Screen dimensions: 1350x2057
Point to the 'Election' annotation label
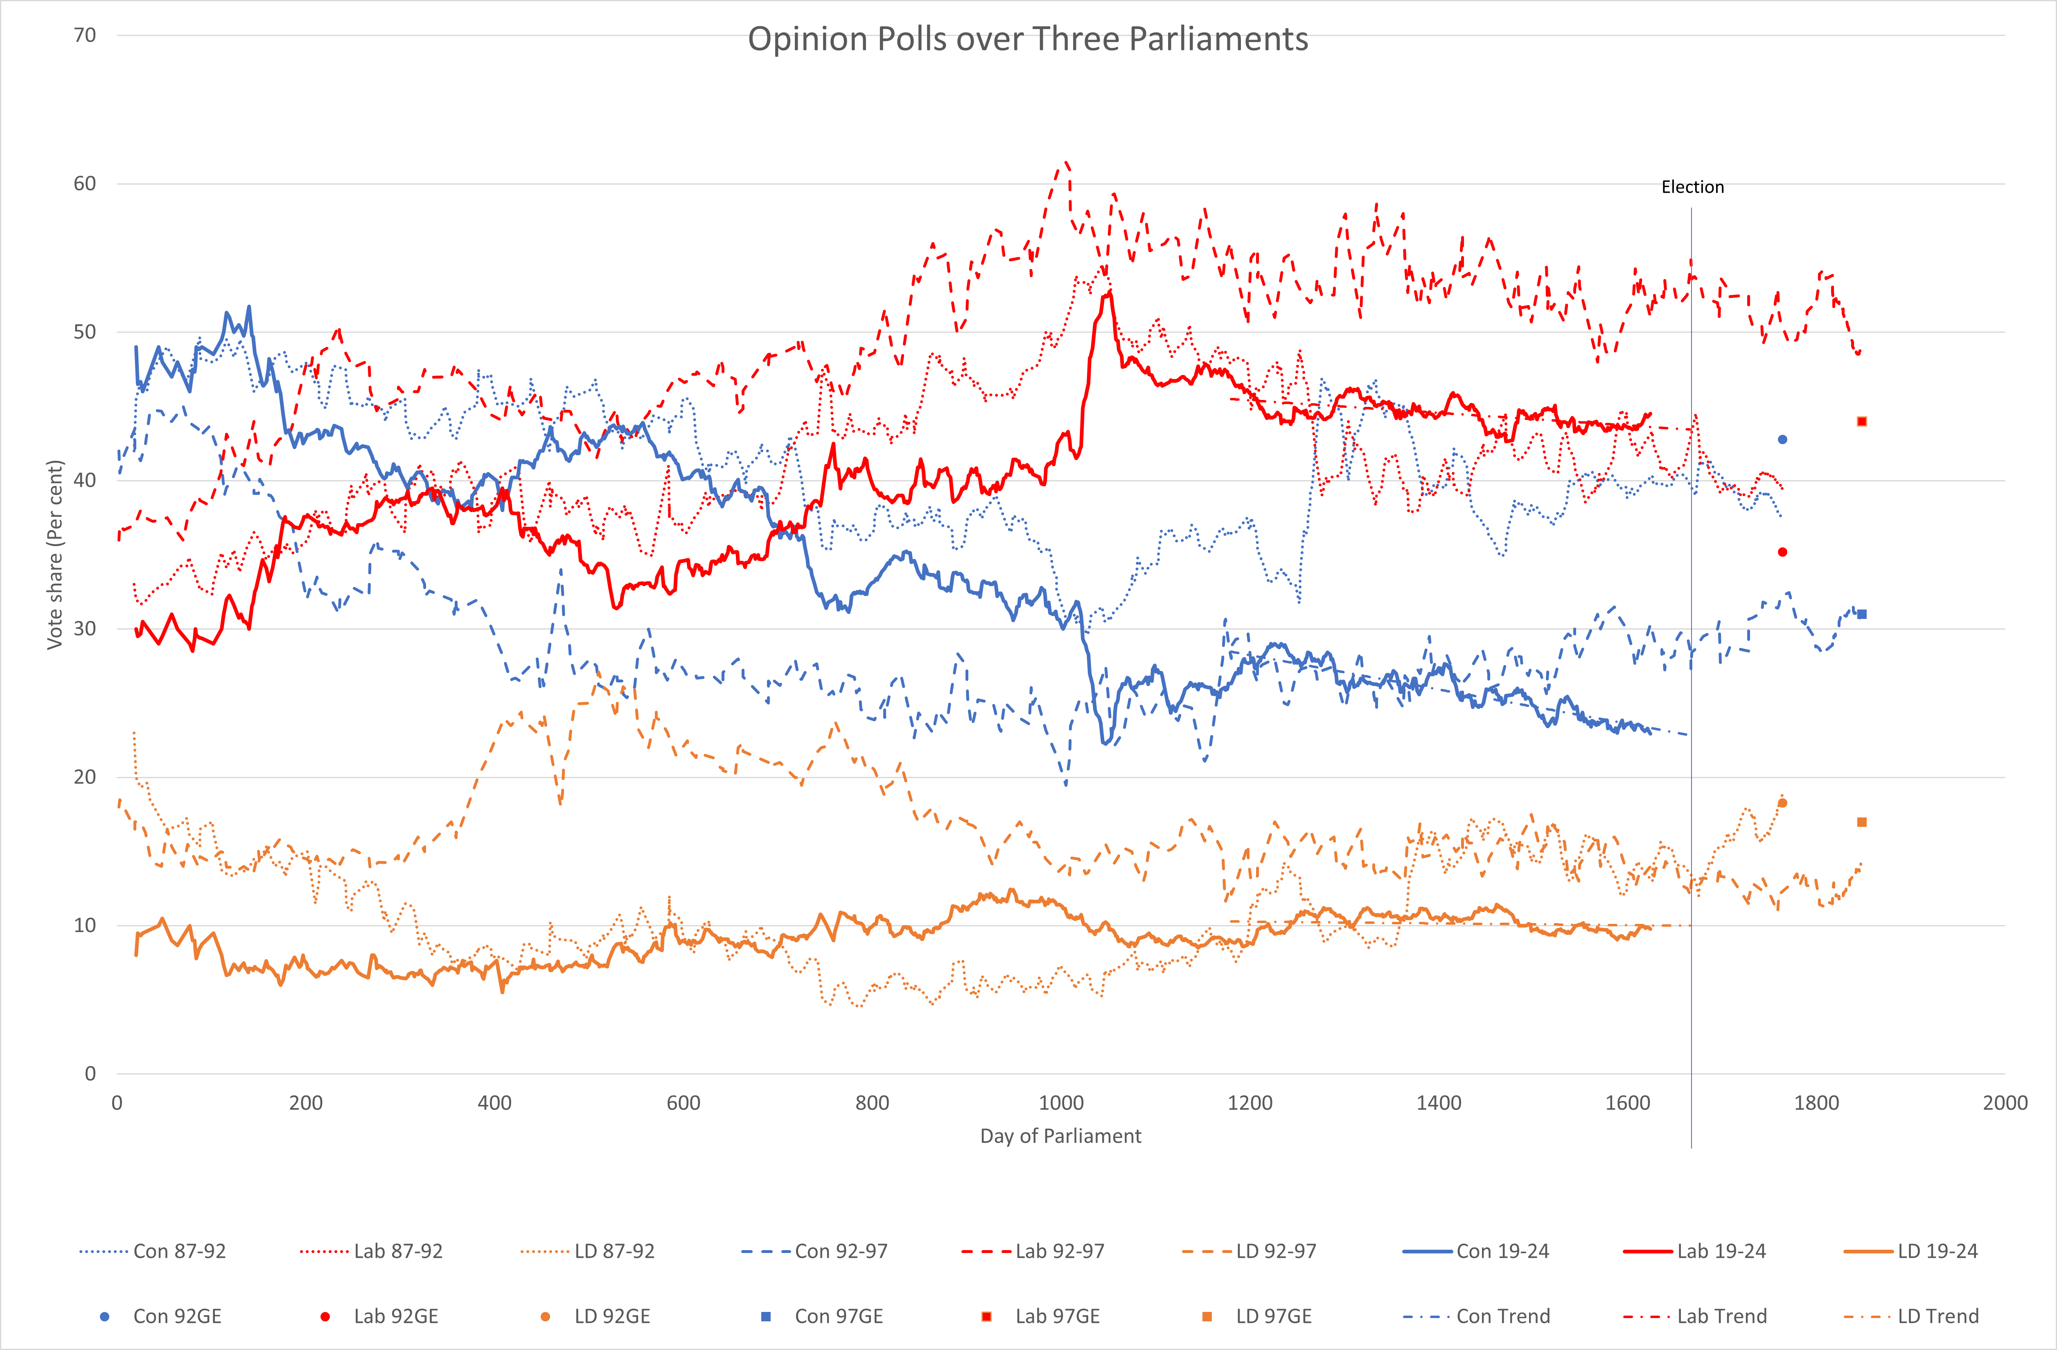point(1692,187)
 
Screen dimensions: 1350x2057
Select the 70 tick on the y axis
point(85,36)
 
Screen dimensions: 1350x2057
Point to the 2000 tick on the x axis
point(2004,1103)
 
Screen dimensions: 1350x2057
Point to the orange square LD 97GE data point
point(1862,822)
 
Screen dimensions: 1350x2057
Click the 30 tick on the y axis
point(85,628)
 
